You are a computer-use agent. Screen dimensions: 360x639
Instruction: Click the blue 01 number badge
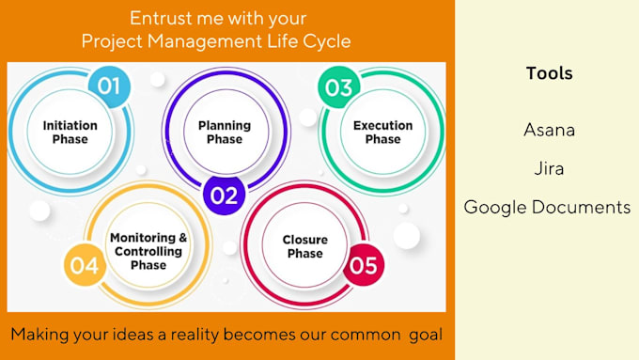click(x=110, y=86)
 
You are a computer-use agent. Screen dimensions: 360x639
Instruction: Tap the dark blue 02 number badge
click(x=224, y=196)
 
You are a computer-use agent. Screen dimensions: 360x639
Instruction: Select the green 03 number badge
click(x=336, y=87)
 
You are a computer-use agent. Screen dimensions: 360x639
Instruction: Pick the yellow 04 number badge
click(x=84, y=266)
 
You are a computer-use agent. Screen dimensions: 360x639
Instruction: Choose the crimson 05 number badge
click(x=362, y=265)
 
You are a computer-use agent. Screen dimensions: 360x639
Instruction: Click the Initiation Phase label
click(x=70, y=133)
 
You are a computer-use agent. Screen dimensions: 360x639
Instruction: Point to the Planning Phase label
click(x=224, y=132)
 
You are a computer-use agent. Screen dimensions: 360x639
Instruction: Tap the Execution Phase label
click(x=382, y=133)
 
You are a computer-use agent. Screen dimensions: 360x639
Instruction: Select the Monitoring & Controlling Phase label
click(x=148, y=251)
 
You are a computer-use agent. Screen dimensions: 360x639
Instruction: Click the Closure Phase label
click(x=305, y=246)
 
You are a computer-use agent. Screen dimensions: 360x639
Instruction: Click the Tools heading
click(x=549, y=73)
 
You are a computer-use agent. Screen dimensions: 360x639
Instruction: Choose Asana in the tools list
click(x=549, y=130)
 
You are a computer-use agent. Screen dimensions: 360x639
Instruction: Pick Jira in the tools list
click(x=549, y=169)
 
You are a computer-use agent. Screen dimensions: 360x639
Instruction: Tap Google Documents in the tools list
click(x=548, y=208)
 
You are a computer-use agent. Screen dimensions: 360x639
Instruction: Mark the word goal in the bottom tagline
click(x=424, y=334)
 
